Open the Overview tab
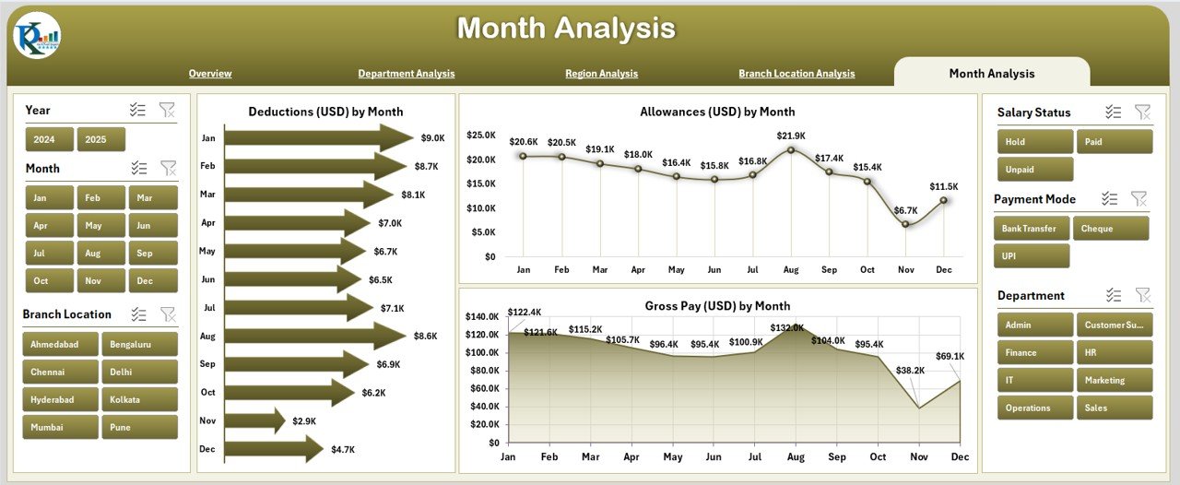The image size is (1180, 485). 210,74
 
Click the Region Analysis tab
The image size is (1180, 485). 601,74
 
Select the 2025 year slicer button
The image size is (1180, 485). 100,139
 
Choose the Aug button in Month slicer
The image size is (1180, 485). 93,253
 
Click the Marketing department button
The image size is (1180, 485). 1114,380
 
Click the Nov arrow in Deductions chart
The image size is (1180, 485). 254,420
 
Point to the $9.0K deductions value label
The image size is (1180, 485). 432,138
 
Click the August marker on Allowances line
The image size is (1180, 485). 791,149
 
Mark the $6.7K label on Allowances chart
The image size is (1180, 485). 905,210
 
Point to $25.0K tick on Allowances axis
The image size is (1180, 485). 480,136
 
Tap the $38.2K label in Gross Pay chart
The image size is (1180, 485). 912,371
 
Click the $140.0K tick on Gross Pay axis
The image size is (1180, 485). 483,316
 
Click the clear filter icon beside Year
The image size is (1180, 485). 167,110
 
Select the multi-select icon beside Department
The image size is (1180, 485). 1114,295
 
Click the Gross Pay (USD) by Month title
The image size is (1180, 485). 717,306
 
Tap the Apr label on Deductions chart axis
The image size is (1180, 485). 207,223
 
